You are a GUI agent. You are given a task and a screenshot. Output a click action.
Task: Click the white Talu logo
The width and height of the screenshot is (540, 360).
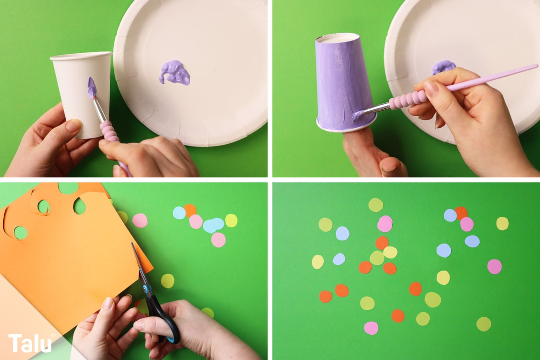pyautogui.click(x=30, y=343)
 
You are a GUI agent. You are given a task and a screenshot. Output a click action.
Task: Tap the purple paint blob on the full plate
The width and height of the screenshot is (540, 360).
pyautogui.click(x=174, y=73)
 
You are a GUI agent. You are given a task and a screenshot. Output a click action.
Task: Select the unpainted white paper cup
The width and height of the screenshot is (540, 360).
pyautogui.click(x=82, y=94)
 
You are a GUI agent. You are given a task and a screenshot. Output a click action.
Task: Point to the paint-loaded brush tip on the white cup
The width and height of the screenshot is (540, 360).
pyautogui.click(x=92, y=88)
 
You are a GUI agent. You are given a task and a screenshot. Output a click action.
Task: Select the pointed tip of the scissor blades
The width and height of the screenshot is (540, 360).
pyautogui.click(x=132, y=243)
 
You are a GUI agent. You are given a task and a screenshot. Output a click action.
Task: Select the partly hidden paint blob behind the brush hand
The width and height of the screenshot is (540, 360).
pyautogui.click(x=444, y=67)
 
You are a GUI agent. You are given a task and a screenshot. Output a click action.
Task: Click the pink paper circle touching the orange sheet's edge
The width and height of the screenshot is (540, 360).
pyautogui.click(x=140, y=220)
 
